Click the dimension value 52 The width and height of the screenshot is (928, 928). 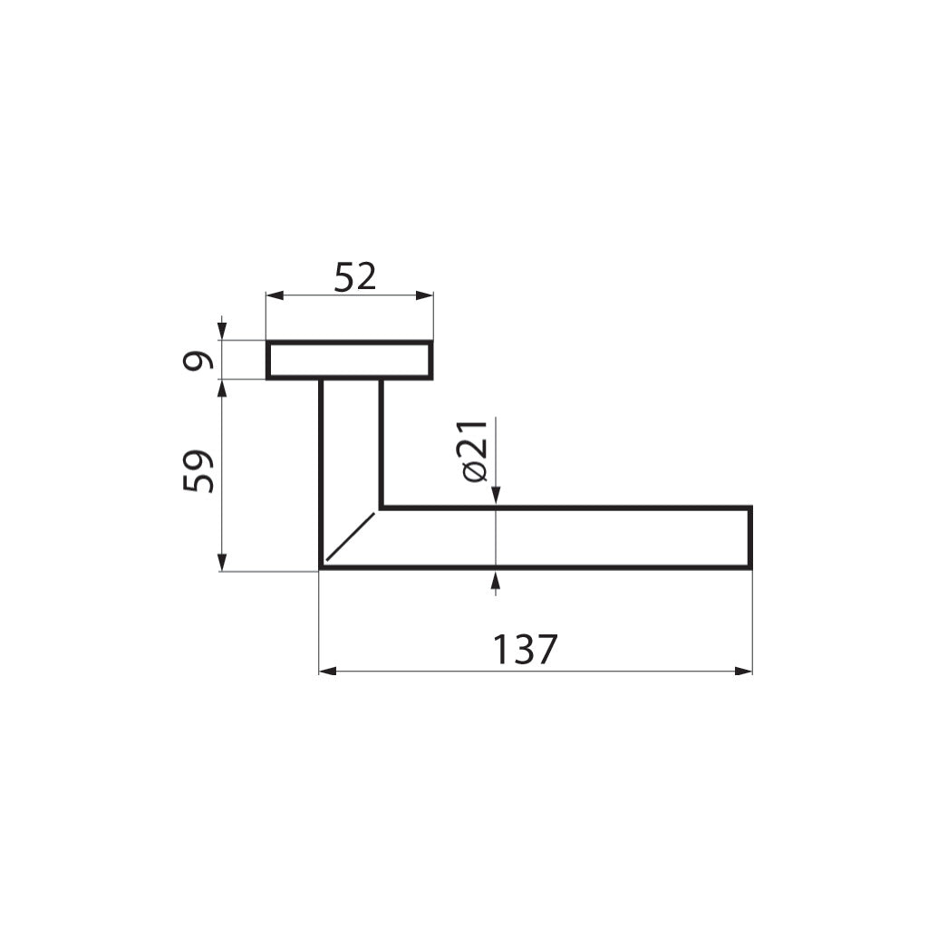click(355, 276)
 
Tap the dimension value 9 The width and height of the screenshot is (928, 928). click(197, 361)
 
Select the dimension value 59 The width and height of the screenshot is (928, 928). click(197, 471)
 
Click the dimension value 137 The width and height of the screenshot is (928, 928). click(525, 650)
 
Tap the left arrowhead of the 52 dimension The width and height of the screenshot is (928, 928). click(275, 295)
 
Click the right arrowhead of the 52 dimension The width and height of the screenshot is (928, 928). click(424, 295)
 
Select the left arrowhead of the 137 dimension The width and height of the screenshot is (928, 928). click(328, 672)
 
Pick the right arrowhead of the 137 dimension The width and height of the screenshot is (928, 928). click(743, 672)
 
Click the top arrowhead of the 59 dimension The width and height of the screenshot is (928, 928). click(222, 388)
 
